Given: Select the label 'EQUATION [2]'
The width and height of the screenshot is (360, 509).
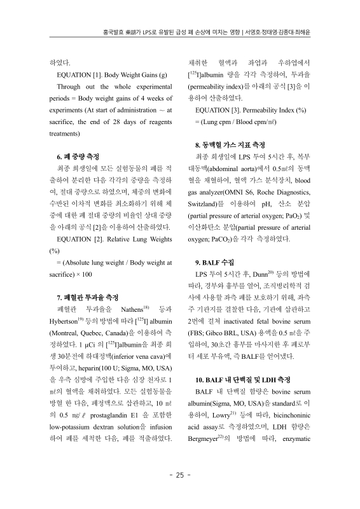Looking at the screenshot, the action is click(x=79, y=239).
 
